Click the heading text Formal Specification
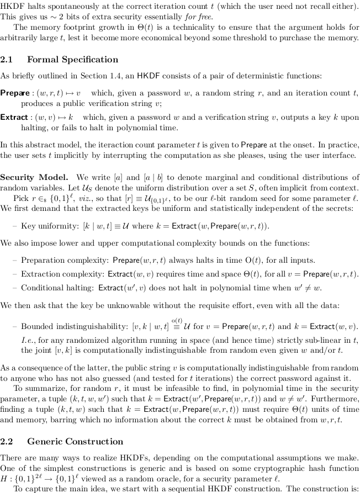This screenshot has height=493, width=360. coord(72,60)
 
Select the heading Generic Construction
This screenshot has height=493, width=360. coord(75,441)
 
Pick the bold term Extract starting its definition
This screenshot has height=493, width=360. coord(14,118)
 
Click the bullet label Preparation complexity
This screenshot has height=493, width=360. coord(65,261)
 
